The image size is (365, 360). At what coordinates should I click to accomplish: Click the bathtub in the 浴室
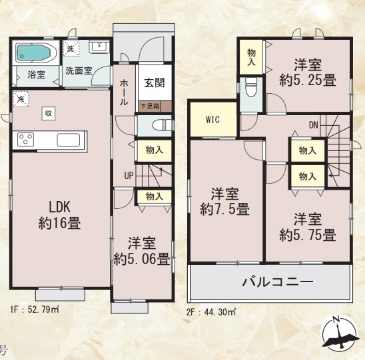coord(35,53)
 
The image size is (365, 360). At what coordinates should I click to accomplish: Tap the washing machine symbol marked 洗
coord(71,48)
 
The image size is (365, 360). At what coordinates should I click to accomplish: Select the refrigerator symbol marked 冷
coord(21,99)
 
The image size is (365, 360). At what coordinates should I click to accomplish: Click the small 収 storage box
coord(49,114)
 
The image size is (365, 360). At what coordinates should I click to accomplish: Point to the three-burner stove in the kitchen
coord(26,140)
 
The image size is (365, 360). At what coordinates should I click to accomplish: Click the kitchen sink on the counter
coord(69,140)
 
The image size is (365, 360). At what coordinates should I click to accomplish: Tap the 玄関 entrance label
coord(155,83)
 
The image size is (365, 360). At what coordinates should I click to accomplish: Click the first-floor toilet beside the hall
coord(162,126)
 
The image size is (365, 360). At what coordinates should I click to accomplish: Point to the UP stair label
coord(129,176)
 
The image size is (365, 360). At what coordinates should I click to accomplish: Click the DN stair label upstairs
coord(314,125)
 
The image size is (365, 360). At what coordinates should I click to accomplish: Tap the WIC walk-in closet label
coord(212,120)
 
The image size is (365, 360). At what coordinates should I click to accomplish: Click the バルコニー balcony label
coord(278,282)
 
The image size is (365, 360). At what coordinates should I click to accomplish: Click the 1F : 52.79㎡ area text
coord(35,310)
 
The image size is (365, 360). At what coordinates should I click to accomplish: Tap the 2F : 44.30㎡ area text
coord(211,312)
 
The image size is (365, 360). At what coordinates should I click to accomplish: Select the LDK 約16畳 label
coord(59,215)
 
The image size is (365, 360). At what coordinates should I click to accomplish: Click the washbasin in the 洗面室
coord(99,47)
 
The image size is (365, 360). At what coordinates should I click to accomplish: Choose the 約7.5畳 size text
coord(224,209)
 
